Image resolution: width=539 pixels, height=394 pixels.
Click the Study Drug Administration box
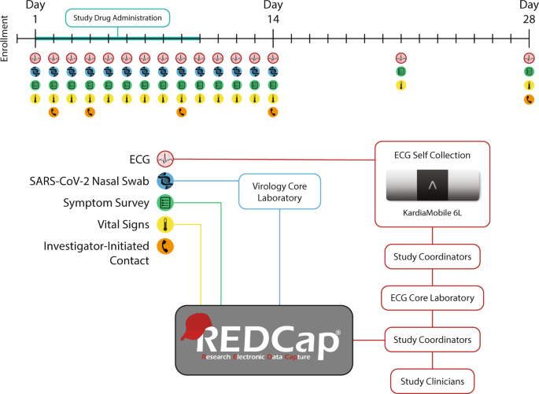coord(117,17)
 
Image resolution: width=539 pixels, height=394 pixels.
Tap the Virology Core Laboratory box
coord(279,192)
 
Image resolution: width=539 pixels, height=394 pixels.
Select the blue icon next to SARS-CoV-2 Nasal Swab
coord(165,180)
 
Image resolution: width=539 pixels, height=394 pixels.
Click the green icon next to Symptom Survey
coord(165,202)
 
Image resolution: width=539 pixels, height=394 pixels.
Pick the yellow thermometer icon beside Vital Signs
coord(165,225)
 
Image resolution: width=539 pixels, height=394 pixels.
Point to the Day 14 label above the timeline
coord(273,11)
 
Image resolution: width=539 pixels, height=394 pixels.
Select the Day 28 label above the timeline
coord(528,11)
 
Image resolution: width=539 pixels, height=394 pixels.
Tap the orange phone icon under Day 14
coord(273,112)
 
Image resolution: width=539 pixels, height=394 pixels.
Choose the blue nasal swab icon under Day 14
coord(273,72)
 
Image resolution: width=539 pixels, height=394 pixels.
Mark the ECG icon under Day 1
coord(35,58)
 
